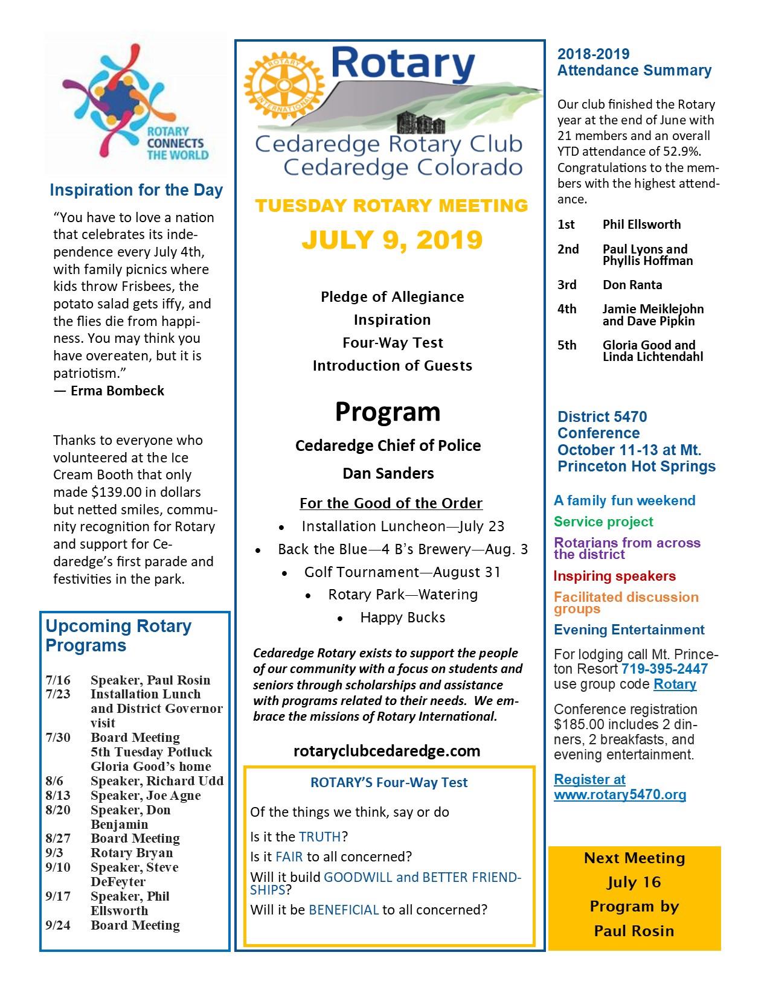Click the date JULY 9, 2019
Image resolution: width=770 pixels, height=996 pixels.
tap(392, 240)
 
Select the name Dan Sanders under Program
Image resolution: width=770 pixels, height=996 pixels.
tap(388, 473)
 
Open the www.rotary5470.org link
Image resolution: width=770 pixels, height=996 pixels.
tap(620, 794)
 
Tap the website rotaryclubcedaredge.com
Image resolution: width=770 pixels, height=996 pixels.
tap(387, 751)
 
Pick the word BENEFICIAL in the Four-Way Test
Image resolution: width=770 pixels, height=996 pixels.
tap(344, 910)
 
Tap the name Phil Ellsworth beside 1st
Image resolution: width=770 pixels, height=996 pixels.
tap(641, 225)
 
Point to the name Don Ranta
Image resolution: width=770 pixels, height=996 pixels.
tap(632, 285)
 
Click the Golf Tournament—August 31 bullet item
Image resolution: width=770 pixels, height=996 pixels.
tap(402, 572)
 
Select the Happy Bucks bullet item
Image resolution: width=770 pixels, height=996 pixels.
tap(402, 618)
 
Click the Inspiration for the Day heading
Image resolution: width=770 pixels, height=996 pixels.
tap(136, 191)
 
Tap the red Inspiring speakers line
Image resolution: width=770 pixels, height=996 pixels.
tap(615, 576)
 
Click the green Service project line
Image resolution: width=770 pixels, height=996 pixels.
tap(603, 522)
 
